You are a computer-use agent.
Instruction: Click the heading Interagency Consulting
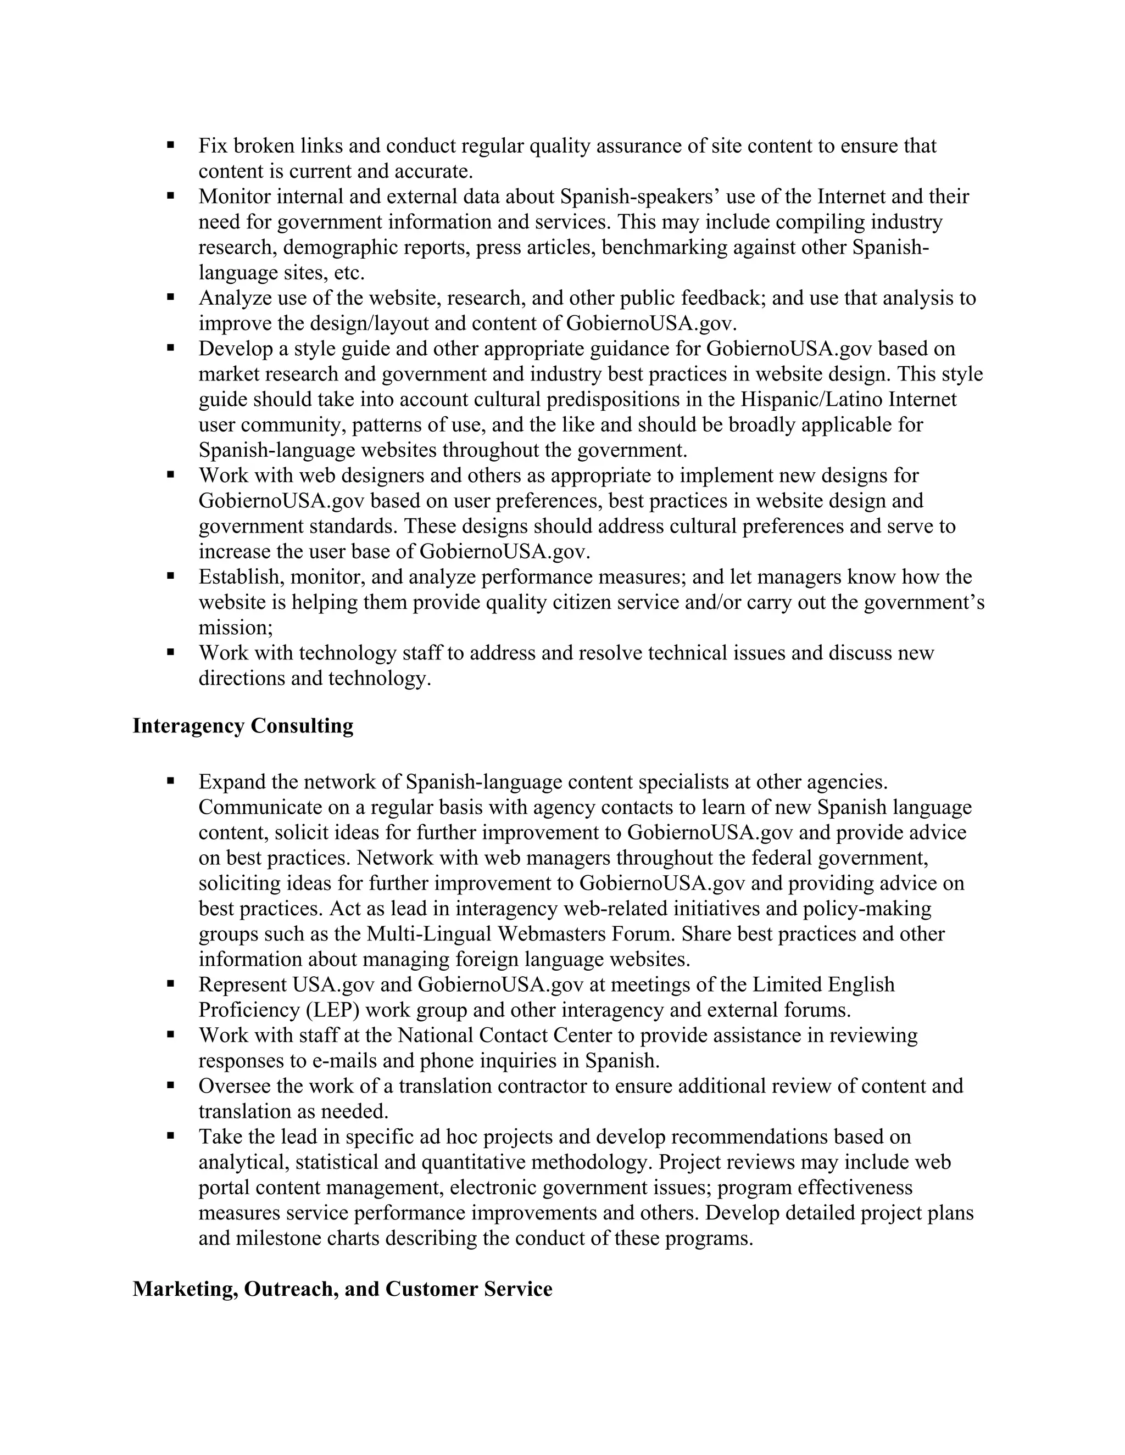(243, 725)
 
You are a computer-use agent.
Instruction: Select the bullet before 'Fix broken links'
(171, 144)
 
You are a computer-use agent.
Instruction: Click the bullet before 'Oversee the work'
(171, 1085)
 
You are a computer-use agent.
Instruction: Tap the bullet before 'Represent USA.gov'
(171, 984)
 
